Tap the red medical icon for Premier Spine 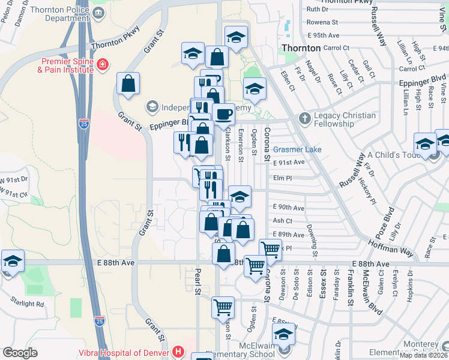tap(103, 63)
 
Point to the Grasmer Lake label tap(297, 149)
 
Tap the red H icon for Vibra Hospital tap(178, 351)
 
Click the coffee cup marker tap(223, 114)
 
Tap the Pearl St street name tap(196, 281)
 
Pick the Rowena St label tap(322, 22)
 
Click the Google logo tap(20, 353)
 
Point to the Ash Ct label tap(282, 221)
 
